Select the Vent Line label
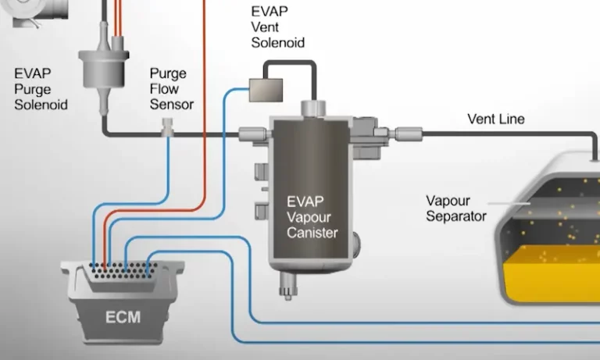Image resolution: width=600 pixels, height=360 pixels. pyautogui.click(x=495, y=119)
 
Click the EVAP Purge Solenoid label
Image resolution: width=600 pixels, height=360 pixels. pyautogui.click(x=41, y=89)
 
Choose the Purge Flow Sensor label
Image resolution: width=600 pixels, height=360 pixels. pyautogui.click(x=171, y=89)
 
